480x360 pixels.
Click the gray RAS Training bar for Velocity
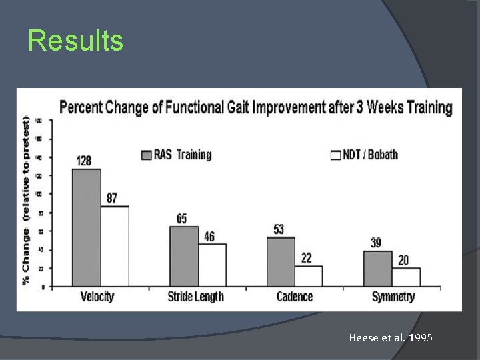coord(86,228)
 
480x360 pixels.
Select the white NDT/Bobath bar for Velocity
coord(115,247)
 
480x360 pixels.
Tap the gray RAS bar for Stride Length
coord(184,257)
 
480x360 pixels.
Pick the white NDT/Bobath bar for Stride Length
coord(212,265)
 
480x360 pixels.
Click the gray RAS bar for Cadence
coord(281,262)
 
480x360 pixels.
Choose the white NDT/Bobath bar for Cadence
coord(308,277)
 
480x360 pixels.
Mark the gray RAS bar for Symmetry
coord(378,269)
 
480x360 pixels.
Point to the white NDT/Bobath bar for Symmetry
coord(405,277)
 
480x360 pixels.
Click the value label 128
coord(84,161)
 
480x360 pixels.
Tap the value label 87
coord(113,199)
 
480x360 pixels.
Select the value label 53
coord(279,229)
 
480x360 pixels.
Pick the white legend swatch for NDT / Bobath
coord(336,155)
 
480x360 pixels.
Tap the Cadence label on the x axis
coord(294,297)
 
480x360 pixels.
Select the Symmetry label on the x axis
coord(393,297)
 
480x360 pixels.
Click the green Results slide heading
coord(75,41)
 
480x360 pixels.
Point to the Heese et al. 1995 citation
coord(391,338)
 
